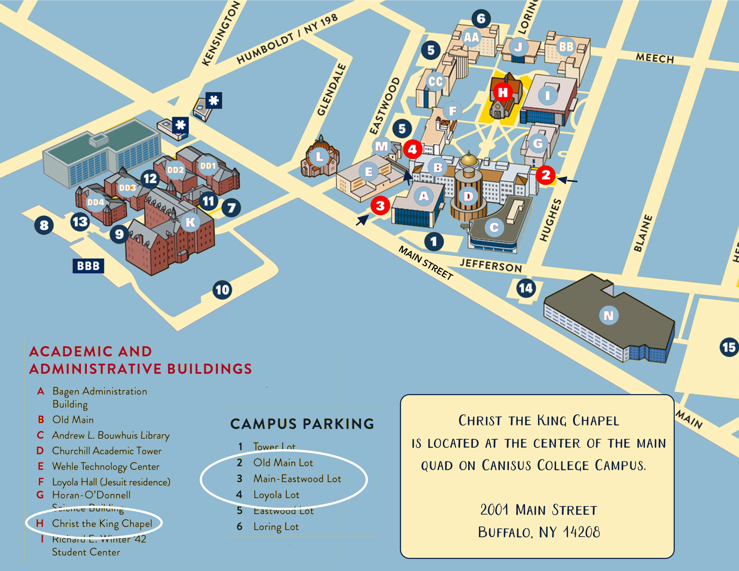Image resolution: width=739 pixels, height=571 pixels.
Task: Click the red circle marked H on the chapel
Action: (503, 92)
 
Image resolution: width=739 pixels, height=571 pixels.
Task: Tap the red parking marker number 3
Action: (380, 205)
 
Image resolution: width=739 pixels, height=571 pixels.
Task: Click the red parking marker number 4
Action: (412, 149)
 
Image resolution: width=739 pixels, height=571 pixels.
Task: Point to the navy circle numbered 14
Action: (526, 288)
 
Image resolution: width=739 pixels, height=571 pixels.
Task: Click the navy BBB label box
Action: (88, 266)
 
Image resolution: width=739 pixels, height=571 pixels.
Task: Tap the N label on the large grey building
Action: (608, 315)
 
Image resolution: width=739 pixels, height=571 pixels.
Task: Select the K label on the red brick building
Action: (191, 222)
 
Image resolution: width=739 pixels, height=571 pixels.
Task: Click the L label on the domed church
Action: (319, 157)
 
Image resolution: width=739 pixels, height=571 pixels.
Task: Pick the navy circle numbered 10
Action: (222, 290)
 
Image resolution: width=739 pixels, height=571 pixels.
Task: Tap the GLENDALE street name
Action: (332, 89)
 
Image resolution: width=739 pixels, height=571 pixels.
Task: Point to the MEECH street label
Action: (655, 58)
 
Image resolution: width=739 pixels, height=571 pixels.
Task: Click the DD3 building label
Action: (127, 187)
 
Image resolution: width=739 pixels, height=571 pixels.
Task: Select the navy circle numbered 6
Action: (481, 19)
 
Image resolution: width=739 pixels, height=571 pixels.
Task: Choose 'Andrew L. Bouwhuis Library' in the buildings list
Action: (111, 435)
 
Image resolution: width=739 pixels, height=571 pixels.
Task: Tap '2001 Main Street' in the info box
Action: (538, 510)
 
